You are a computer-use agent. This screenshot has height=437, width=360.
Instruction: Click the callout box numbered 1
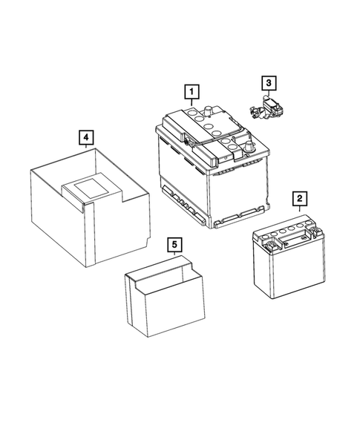192,93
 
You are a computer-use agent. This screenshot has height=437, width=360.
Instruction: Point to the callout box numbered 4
87,138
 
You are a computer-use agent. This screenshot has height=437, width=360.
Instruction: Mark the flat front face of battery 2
279,270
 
